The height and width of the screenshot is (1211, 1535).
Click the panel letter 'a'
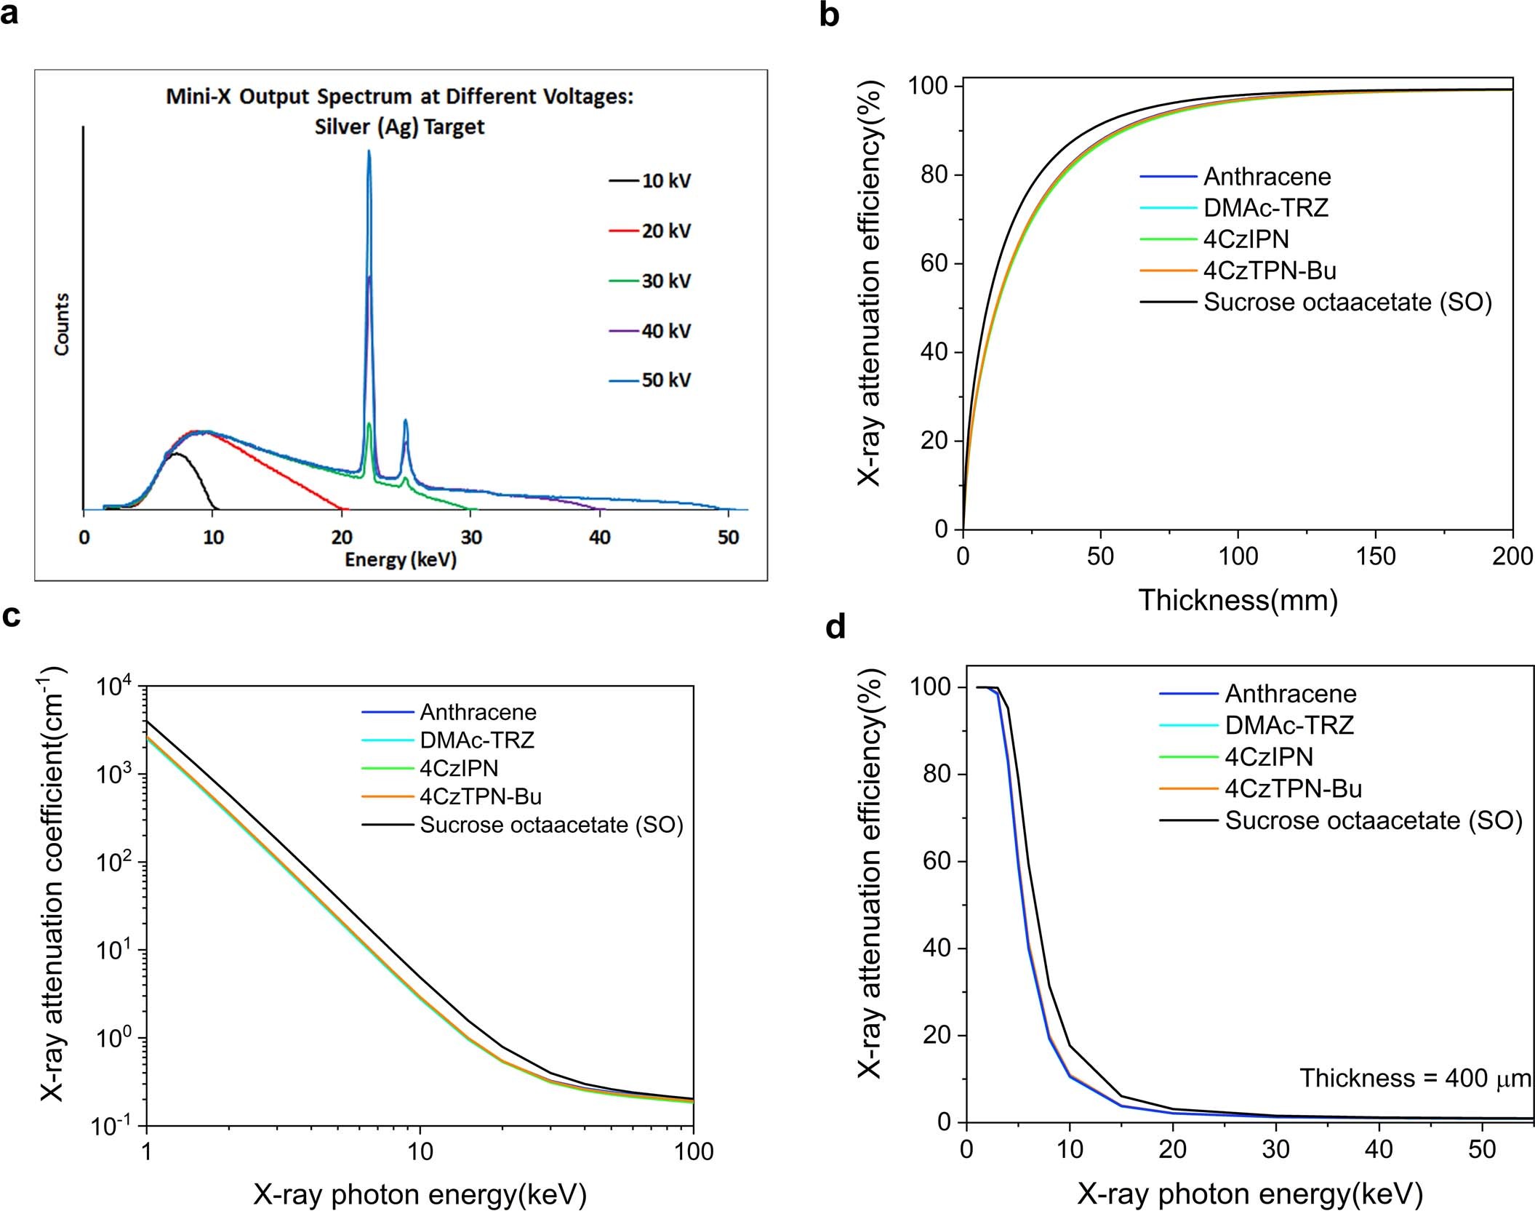pyautogui.click(x=10, y=13)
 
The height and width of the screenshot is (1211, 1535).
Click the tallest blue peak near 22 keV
pyautogui.click(x=369, y=153)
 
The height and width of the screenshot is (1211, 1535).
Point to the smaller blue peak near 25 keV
pyautogui.click(x=406, y=421)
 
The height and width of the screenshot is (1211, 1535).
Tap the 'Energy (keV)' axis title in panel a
pyautogui.click(x=400, y=560)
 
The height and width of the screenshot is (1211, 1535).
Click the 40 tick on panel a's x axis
pyautogui.click(x=600, y=537)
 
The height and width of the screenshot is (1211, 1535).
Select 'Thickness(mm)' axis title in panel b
pyautogui.click(x=1238, y=600)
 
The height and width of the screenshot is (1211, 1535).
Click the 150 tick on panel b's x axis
pyautogui.click(x=1375, y=556)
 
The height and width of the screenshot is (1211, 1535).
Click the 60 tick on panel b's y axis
pyautogui.click(x=934, y=263)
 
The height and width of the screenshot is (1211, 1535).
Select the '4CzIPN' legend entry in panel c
pyautogui.click(x=459, y=768)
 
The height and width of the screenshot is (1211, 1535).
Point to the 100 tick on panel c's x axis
pyautogui.click(x=692, y=1151)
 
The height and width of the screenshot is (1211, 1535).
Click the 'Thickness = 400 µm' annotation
pyautogui.click(x=1415, y=1078)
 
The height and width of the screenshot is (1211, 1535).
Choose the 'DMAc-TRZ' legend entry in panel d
pyautogui.click(x=1289, y=725)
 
